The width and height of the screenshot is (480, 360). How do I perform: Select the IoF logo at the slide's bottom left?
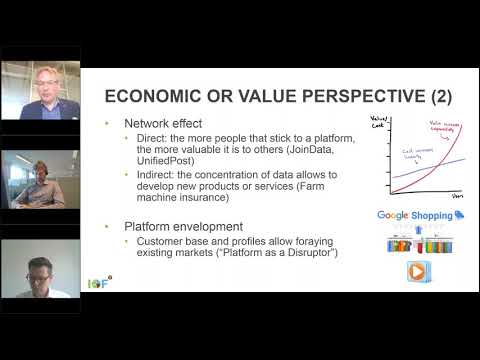click(x=122, y=283)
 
